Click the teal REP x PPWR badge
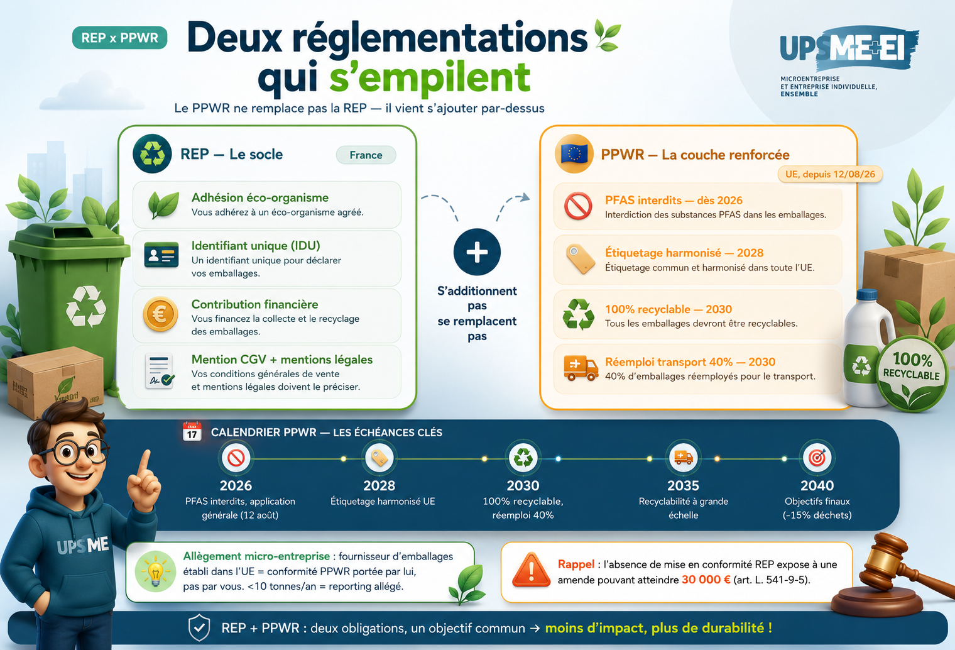tap(119, 38)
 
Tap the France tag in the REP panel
tap(366, 155)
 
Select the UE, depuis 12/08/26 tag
tap(829, 174)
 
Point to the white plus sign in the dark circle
tap(477, 252)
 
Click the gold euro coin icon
tap(160, 314)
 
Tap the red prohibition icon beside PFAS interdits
tap(578, 206)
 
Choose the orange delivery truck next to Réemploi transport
tap(581, 368)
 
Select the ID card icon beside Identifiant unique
tap(161, 255)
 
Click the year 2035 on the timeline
tap(683, 485)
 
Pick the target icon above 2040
tap(817, 458)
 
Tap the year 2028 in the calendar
tap(379, 485)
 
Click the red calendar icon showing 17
tap(192, 431)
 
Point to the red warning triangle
tap(532, 570)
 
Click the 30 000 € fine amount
tap(706, 580)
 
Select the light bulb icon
tap(155, 571)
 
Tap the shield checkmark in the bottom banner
tap(199, 628)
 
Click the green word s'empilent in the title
tap(430, 77)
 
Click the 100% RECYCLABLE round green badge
tap(911, 373)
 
